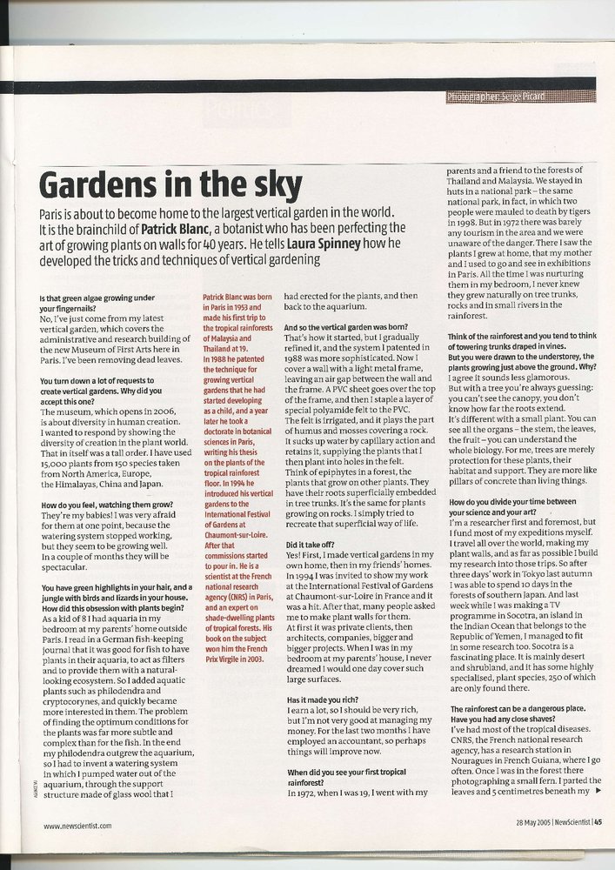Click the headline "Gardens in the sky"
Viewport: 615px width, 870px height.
pos(170,185)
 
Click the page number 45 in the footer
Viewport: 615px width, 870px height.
pos(598,825)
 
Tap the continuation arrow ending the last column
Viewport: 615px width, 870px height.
pos(599,790)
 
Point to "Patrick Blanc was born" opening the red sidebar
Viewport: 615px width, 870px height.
pos(238,298)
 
